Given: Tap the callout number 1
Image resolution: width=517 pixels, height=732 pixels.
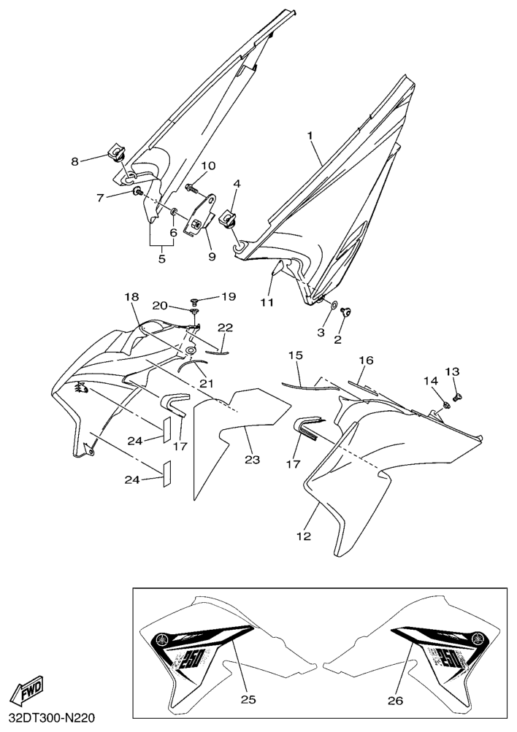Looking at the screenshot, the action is (310, 136).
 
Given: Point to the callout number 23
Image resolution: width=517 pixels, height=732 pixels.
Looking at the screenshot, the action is (252, 460).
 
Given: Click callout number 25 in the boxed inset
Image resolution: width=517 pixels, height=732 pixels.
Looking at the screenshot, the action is (248, 700).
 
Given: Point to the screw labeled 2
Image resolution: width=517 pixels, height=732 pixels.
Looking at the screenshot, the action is (346, 312).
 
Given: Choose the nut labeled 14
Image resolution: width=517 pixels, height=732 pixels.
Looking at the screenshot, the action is (445, 404).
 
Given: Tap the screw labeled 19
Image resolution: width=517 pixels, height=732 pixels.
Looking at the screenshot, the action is (196, 300).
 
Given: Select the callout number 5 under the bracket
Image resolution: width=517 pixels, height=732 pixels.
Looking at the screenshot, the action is (162, 258).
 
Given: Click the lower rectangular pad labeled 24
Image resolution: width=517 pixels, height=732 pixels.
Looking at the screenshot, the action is (166, 474).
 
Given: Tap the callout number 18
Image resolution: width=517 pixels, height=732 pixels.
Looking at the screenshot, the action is (131, 297).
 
